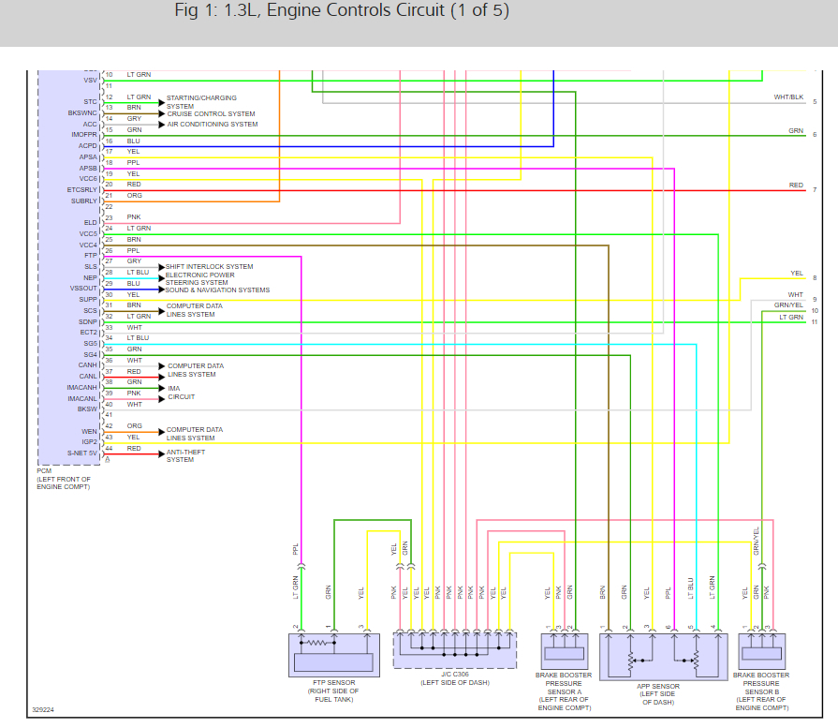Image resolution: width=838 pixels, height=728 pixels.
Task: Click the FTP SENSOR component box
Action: point(332,652)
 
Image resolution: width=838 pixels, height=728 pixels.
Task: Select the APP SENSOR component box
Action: point(663,656)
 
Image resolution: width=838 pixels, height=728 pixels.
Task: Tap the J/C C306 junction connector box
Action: point(454,649)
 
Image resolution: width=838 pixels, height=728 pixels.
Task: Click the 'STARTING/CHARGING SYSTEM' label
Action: point(201,102)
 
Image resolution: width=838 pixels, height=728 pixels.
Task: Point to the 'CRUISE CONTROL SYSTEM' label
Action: point(211,114)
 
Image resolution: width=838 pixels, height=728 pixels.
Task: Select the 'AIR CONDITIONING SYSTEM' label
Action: point(212,125)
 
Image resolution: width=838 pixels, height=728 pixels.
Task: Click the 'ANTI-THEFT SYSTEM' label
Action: point(185,456)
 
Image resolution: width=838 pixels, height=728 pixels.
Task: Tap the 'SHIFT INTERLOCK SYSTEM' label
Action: point(210,267)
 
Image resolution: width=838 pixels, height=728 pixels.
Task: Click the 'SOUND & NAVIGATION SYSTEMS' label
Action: point(217,290)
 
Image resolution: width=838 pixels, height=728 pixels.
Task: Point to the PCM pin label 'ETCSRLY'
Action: point(82,190)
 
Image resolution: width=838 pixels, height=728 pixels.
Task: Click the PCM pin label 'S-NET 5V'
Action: point(82,453)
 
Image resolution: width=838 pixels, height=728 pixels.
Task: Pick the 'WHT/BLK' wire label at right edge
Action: point(788,97)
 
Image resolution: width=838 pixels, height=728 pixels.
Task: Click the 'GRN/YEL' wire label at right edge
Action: point(788,305)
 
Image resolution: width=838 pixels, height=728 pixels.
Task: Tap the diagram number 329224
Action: point(43,710)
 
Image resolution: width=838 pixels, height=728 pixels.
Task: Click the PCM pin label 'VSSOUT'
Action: point(82,289)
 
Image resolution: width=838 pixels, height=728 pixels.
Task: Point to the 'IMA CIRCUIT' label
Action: point(182,393)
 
